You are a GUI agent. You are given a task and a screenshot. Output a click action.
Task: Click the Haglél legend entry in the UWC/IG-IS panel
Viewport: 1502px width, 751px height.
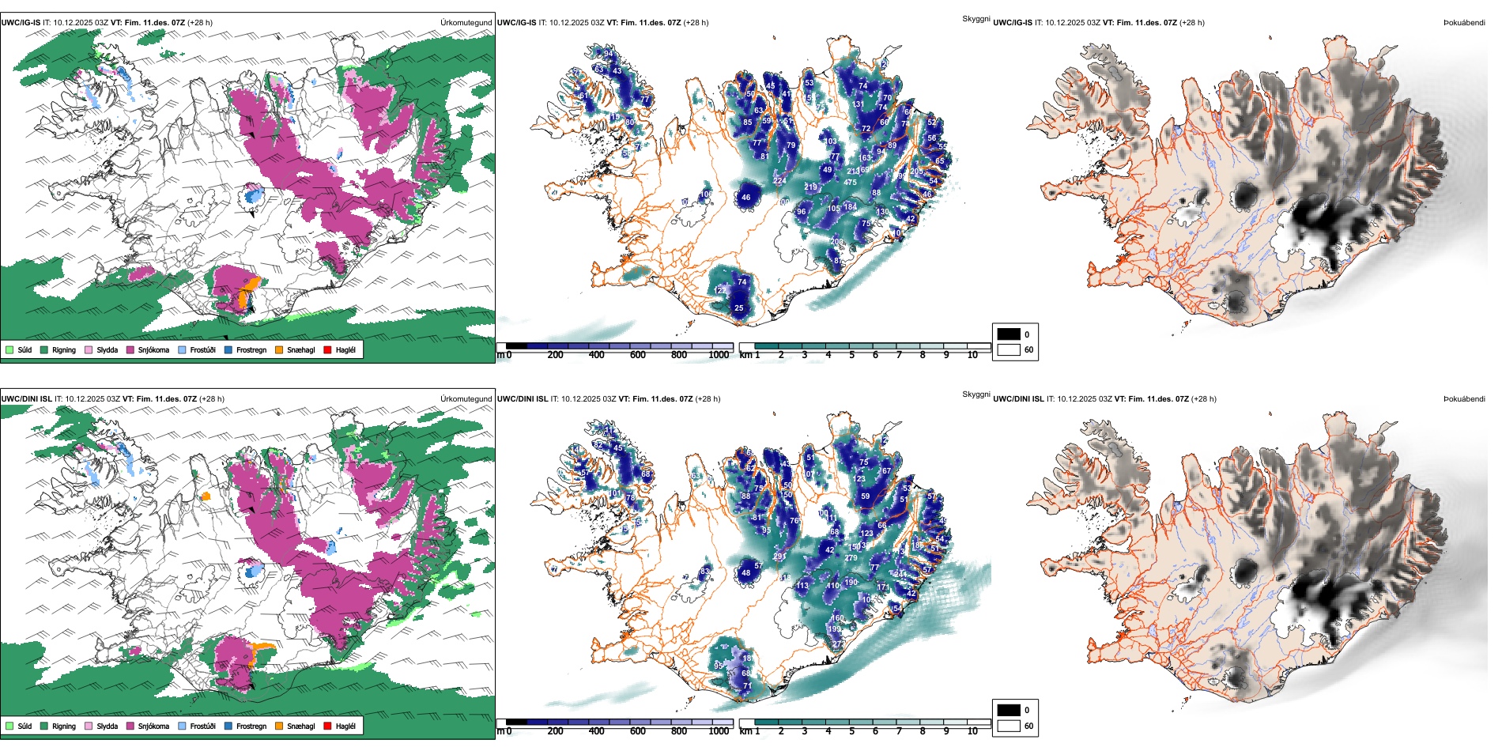(x=340, y=349)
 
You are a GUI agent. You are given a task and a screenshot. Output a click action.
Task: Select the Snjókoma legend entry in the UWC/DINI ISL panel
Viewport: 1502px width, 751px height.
(x=148, y=726)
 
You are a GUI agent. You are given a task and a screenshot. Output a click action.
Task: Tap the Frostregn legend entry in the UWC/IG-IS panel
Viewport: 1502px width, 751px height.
(x=246, y=349)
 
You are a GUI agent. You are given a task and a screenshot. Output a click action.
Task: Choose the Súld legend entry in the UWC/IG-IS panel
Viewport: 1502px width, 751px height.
(x=19, y=349)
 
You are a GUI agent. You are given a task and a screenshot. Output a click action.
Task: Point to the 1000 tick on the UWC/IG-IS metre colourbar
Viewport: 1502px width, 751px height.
(x=719, y=355)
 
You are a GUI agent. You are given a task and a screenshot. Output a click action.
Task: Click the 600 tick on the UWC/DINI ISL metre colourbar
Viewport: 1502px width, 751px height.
(x=638, y=731)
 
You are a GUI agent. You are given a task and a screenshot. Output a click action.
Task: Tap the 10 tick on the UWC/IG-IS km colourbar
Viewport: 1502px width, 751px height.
(x=972, y=355)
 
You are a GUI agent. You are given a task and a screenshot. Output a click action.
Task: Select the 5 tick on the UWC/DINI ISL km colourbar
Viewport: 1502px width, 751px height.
(x=852, y=731)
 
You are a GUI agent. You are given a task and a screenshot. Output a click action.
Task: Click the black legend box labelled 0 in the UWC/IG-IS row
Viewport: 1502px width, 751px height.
(x=1009, y=334)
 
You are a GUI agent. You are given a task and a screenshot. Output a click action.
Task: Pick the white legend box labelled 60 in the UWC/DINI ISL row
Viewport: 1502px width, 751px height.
(x=1009, y=726)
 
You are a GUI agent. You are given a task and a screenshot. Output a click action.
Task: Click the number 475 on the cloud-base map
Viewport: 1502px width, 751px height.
(x=850, y=183)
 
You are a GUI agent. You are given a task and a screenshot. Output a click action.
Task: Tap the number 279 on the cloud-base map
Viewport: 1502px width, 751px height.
(x=851, y=558)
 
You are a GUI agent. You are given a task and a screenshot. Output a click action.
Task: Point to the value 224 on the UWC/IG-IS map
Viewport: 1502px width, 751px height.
(x=779, y=181)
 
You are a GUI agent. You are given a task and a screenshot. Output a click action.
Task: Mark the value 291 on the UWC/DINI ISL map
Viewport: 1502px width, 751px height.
(x=779, y=557)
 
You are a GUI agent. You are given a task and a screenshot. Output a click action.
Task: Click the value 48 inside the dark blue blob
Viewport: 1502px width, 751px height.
(x=745, y=573)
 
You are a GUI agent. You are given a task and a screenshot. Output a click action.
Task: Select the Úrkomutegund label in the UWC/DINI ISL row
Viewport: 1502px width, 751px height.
(x=466, y=398)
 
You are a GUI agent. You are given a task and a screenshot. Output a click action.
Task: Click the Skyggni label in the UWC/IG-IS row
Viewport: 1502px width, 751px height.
(x=976, y=18)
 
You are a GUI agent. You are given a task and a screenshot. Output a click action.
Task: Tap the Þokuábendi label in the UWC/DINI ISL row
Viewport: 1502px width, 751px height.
(x=1464, y=398)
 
